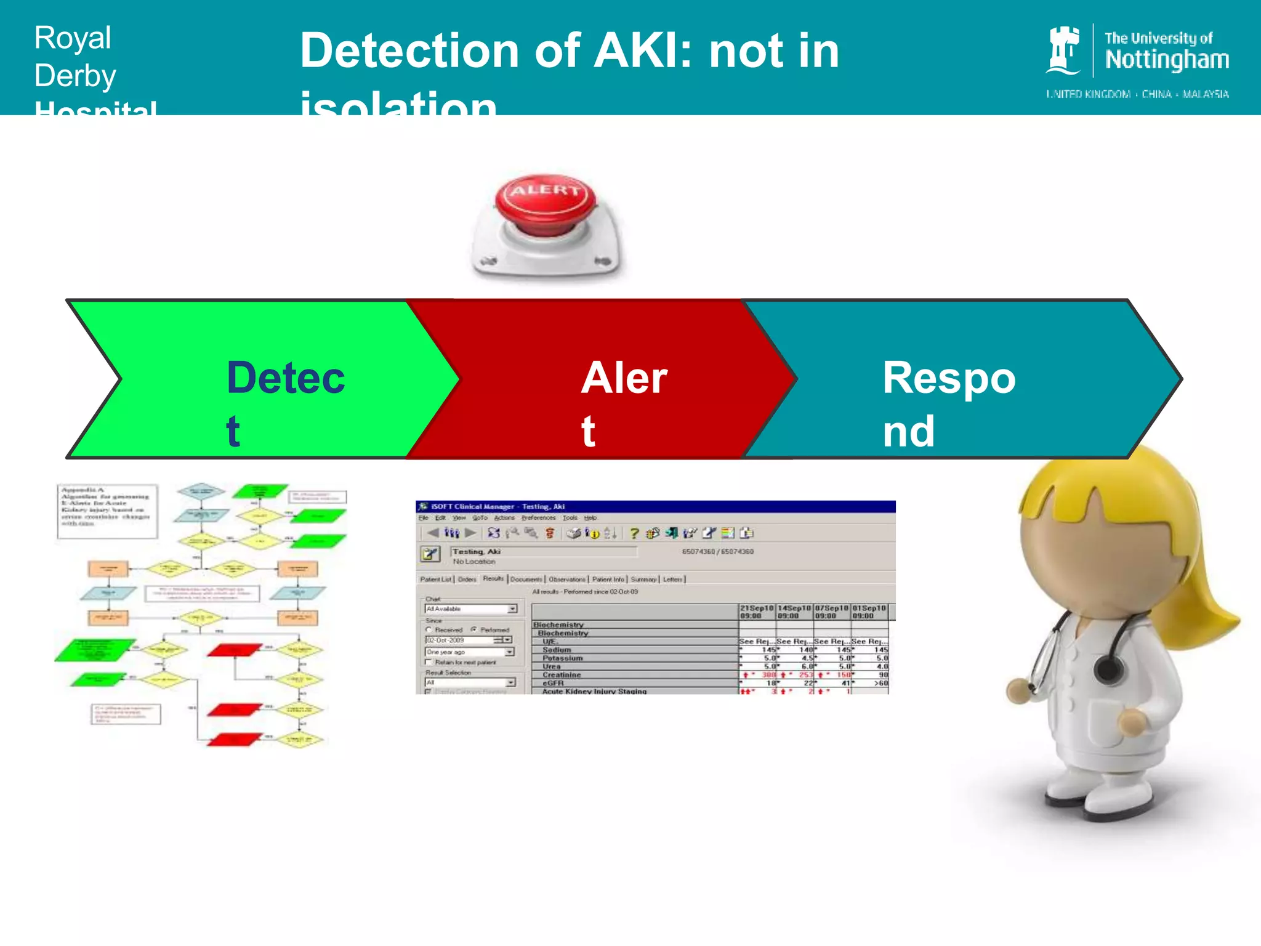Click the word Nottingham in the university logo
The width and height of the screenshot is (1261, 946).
point(1167,60)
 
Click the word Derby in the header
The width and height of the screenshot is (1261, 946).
point(75,76)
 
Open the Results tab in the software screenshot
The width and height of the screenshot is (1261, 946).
point(493,579)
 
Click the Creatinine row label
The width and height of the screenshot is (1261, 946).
point(562,675)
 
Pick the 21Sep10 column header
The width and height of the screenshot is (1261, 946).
point(757,612)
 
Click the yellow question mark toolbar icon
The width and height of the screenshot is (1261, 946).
point(634,533)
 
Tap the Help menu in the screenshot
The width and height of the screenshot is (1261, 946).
point(590,518)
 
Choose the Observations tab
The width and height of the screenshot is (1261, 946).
point(566,580)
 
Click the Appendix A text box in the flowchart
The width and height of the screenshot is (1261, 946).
point(107,511)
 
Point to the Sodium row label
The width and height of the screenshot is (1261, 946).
point(557,650)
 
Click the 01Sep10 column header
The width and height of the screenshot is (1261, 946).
point(869,612)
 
